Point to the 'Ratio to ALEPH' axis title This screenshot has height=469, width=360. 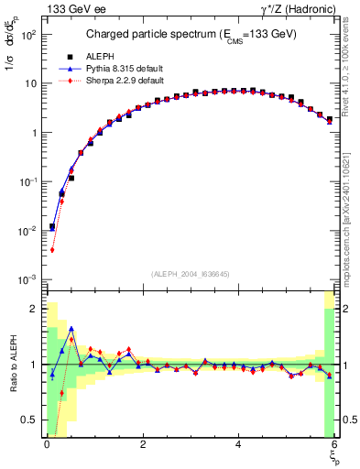coord(12,365)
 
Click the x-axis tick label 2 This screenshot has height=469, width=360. coord(142,444)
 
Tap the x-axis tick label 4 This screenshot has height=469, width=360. coord(238,444)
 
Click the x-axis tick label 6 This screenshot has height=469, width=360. coord(333,444)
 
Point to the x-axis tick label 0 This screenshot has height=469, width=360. coord(47,444)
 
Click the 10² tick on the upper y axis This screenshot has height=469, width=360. coord(29,34)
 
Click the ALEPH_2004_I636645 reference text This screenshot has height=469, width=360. coord(190,274)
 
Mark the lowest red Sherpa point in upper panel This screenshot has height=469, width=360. coord(52,249)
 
